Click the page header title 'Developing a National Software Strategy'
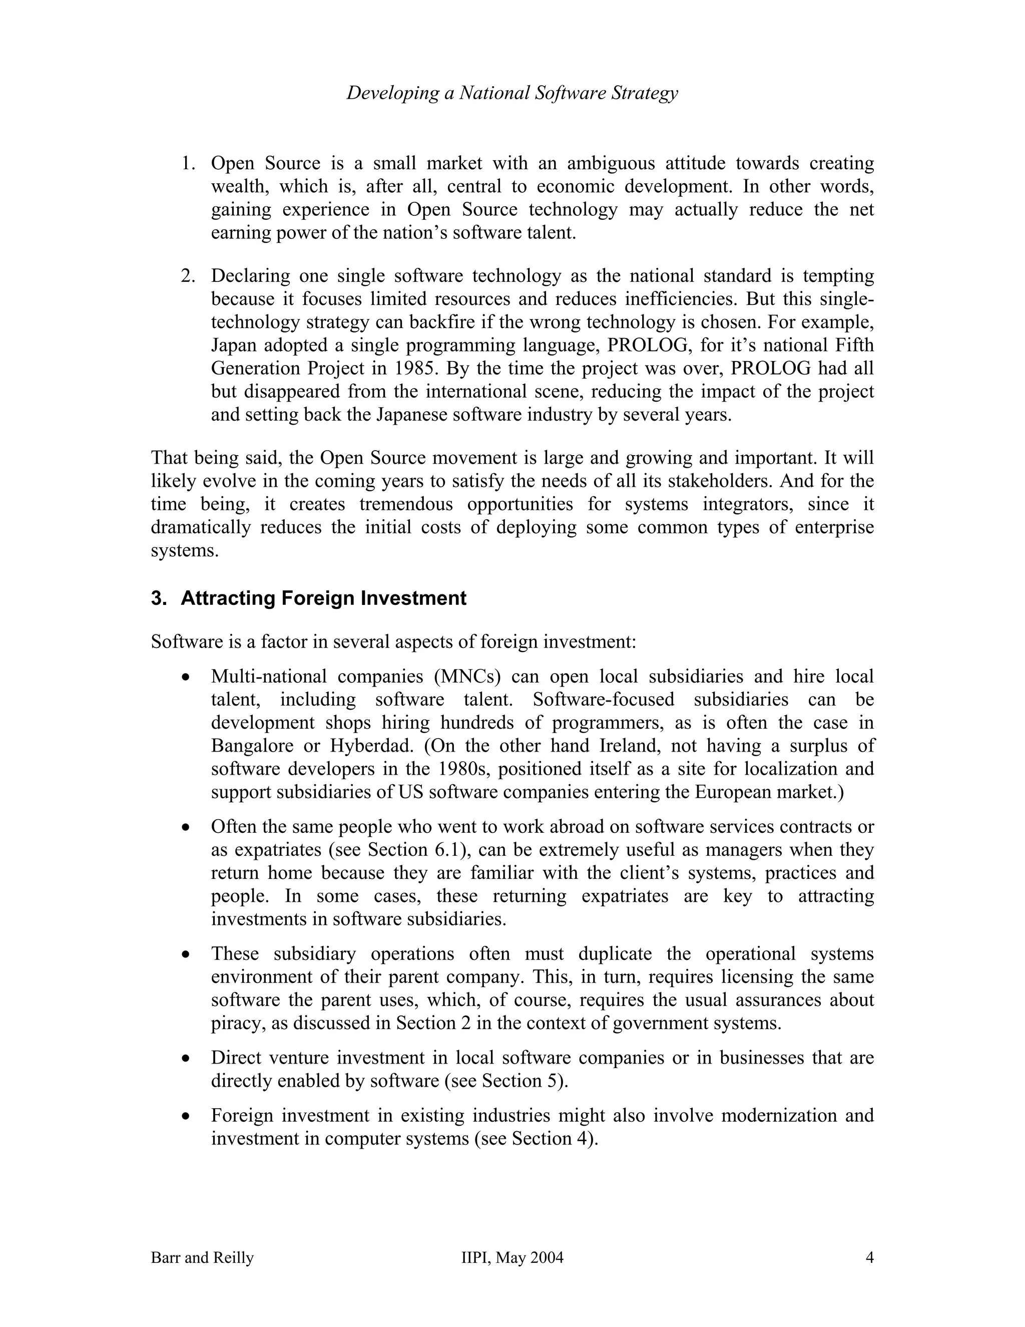tap(512, 93)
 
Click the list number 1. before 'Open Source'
tap(188, 163)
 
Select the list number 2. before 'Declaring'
tap(188, 276)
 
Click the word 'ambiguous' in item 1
tap(610, 163)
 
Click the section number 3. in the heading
tap(159, 598)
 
